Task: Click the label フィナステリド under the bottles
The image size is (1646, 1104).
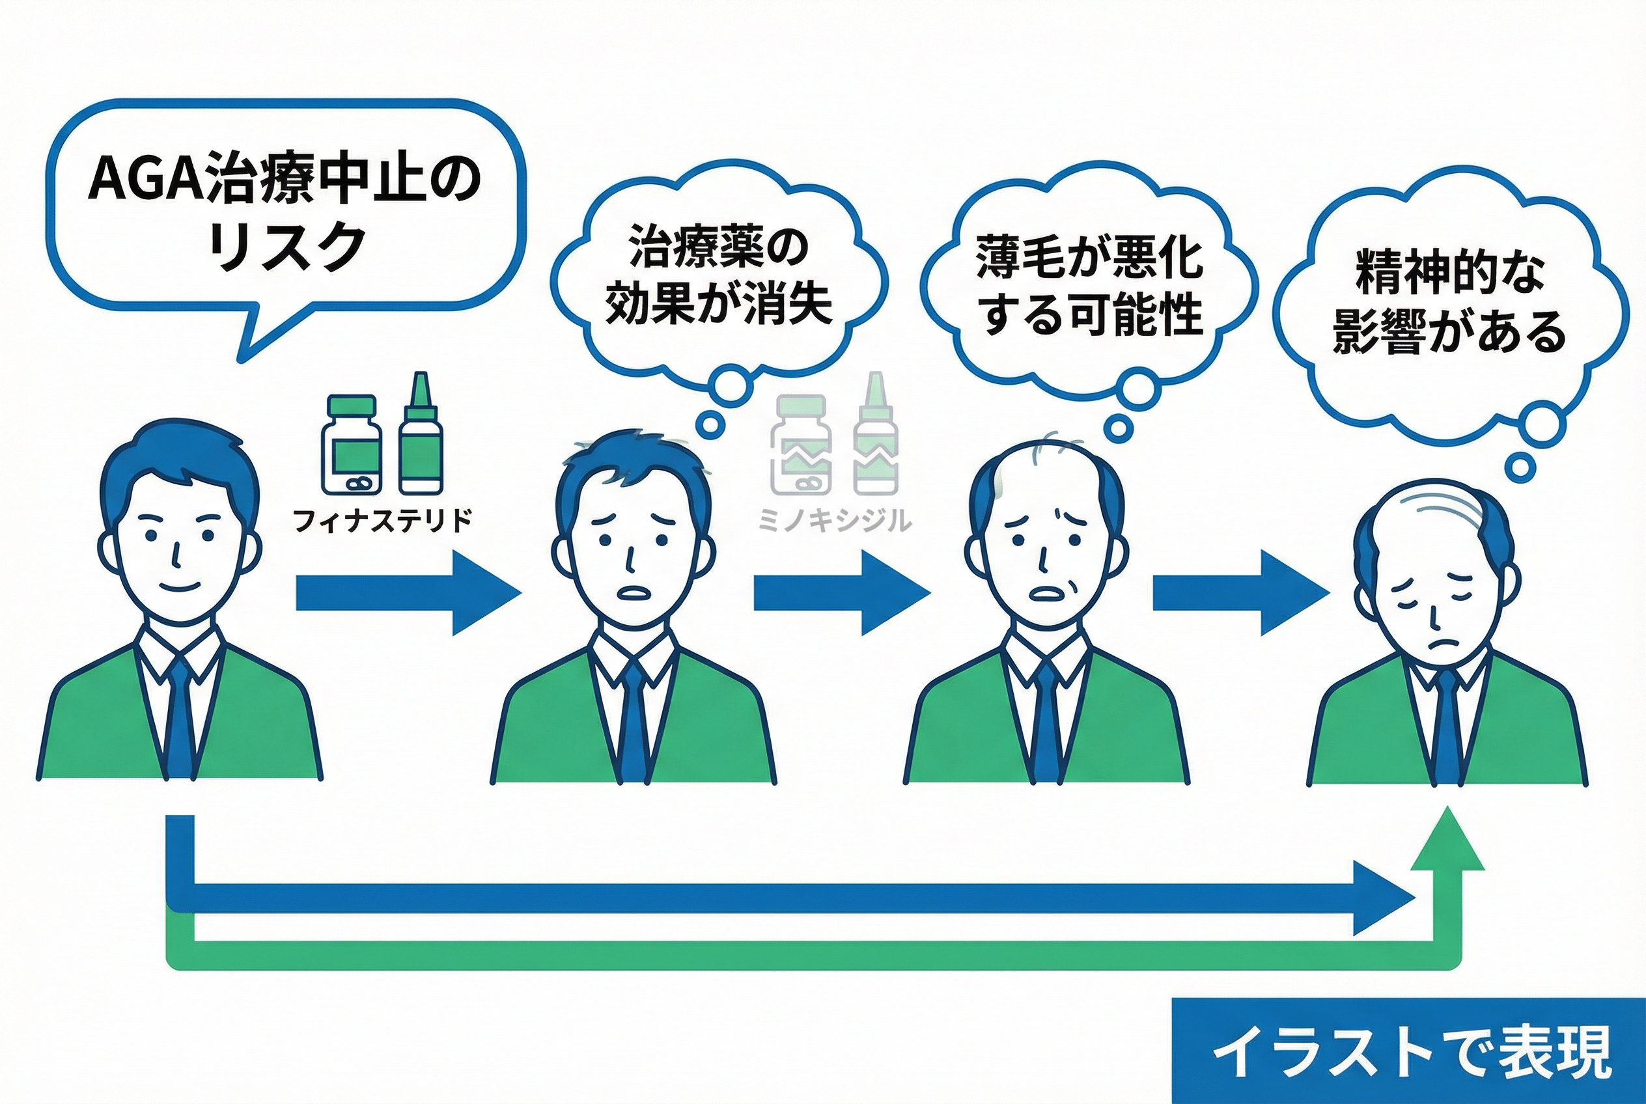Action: point(382,520)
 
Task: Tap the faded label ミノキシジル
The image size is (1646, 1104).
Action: point(835,520)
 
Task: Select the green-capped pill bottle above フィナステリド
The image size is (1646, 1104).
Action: point(352,445)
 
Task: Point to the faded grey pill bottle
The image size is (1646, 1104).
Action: point(801,445)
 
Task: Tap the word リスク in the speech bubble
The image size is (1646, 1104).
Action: point(287,247)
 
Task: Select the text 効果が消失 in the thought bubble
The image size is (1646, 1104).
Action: point(719,304)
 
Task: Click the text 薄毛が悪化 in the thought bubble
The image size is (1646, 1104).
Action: point(1089,257)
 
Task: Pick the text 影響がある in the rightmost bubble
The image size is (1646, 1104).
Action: point(1449,331)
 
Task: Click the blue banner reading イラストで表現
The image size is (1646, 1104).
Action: point(1408,1052)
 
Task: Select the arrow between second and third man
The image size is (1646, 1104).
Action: point(841,593)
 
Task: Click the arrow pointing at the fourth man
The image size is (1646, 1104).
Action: point(1240,593)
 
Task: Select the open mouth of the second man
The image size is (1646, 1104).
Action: point(636,592)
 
